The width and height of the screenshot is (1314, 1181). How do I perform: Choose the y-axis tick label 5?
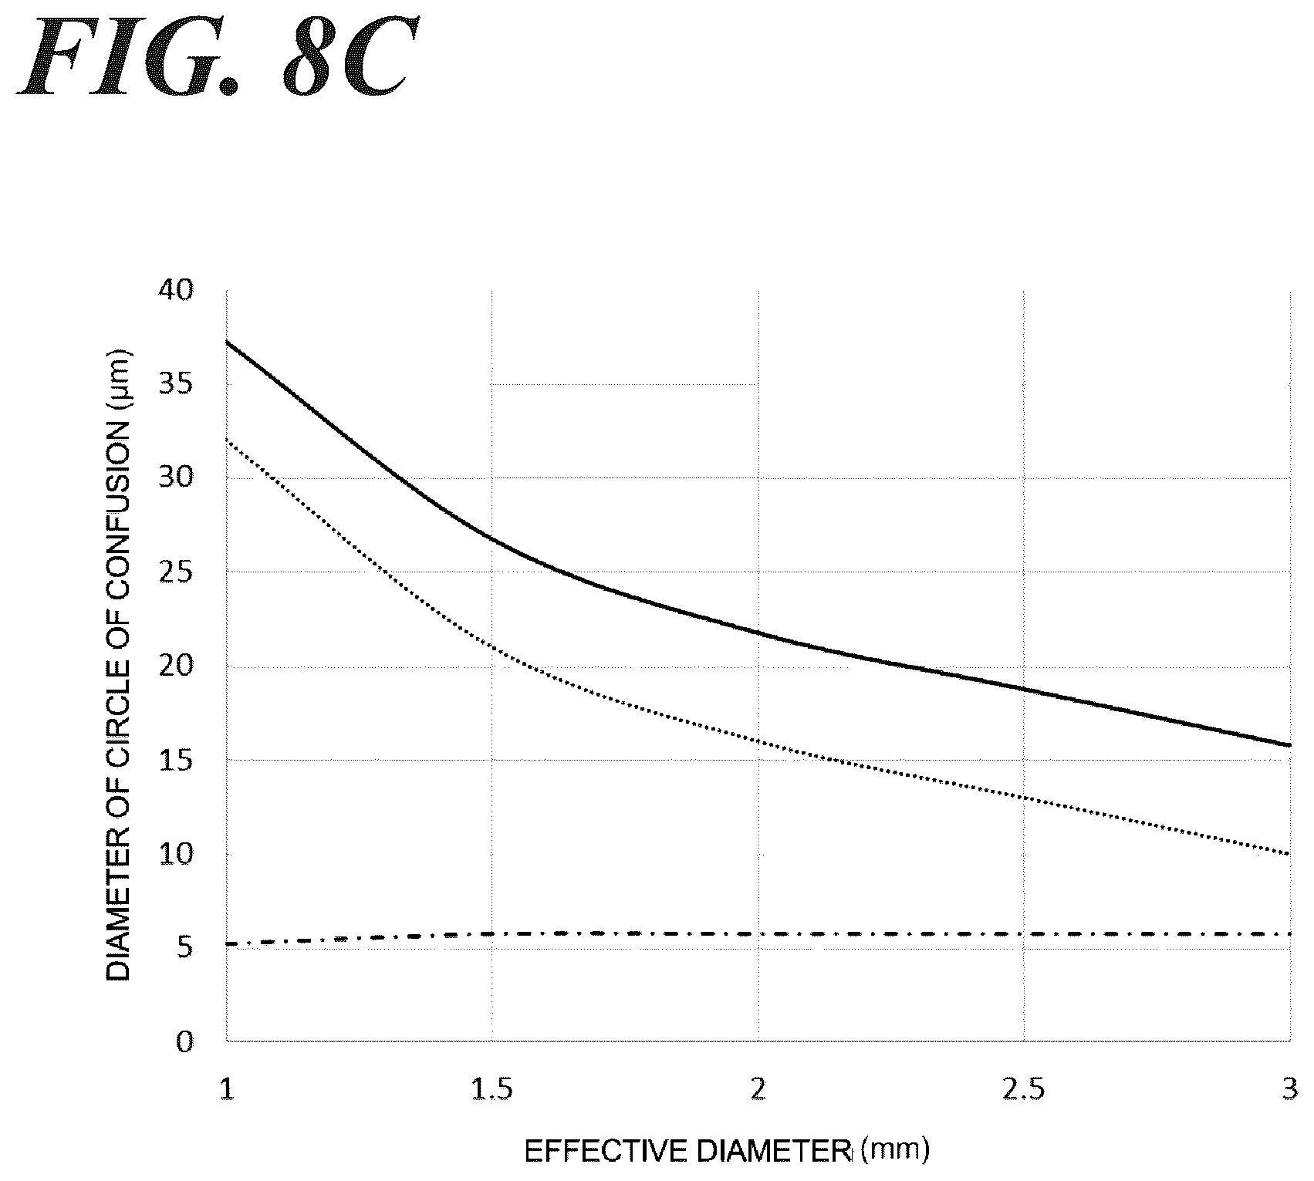tap(184, 949)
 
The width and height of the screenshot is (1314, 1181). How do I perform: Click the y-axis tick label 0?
tap(184, 1043)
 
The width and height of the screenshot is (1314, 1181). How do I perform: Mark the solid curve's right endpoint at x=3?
tap(1290, 745)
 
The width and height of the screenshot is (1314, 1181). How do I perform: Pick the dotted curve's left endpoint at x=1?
tap(226, 439)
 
